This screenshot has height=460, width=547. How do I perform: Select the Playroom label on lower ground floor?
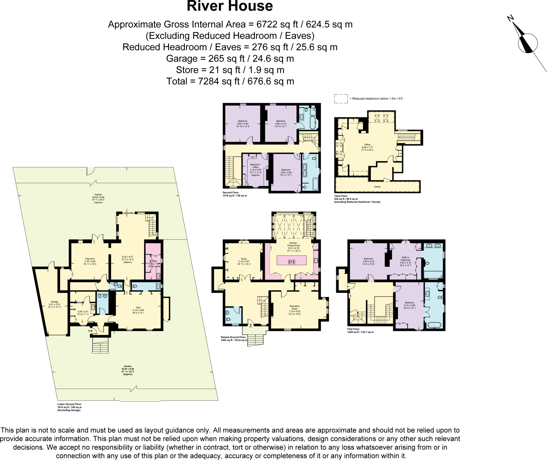tap(90, 259)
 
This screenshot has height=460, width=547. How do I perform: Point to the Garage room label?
tap(54, 302)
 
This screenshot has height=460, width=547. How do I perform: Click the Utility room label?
tap(154, 261)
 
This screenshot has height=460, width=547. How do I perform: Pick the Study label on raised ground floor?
tap(244, 259)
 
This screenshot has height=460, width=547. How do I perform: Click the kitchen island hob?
tap(292, 262)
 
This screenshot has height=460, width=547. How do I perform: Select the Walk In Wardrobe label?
tap(405, 259)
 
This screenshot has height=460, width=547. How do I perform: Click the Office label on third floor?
tap(367, 145)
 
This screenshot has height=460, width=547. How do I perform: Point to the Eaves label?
tap(377, 187)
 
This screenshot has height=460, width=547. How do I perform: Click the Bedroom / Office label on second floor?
tap(255, 166)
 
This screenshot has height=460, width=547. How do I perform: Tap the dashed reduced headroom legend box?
tap(341, 98)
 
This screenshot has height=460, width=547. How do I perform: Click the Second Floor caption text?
tap(231, 192)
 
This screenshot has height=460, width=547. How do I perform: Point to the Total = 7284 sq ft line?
tap(230, 81)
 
